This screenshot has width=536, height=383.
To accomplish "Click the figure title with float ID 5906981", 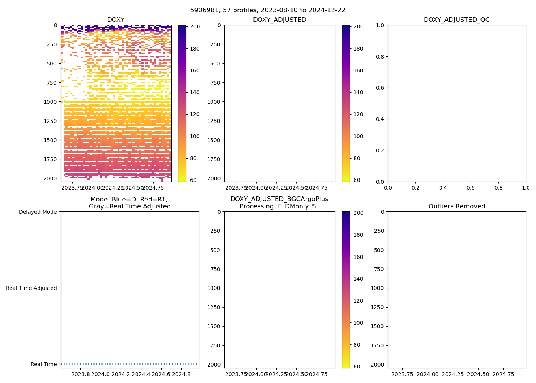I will (268, 10).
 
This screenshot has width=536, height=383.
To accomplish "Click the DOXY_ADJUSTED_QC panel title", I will (456, 20).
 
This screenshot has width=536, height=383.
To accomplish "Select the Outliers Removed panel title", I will (456, 206).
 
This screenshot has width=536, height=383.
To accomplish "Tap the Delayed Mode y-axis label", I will (38, 212).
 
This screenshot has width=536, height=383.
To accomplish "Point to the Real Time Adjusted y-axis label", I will (31, 288).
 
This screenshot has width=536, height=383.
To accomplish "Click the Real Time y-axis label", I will (44, 364).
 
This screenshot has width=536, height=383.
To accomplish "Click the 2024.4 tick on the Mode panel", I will (141, 374).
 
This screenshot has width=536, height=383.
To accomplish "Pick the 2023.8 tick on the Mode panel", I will (81, 374).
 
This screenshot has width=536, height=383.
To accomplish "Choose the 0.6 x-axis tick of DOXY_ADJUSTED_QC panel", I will (471, 188).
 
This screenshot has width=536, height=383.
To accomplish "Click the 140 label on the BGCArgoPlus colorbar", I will (358, 279).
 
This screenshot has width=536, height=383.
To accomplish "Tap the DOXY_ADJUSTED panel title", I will (279, 20).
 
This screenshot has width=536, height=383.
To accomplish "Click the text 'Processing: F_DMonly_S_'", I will (279, 206).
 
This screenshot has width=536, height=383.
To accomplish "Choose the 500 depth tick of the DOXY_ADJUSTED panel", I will (215, 64).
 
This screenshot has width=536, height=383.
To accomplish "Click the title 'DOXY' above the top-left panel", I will (116, 20).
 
